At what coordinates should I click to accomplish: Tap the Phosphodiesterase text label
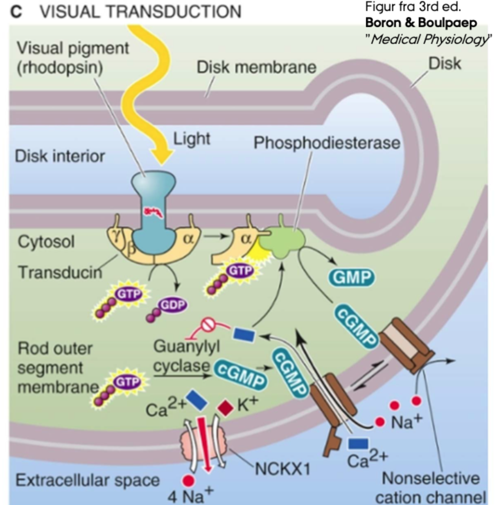[x=327, y=143]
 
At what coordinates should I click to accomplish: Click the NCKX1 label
[x=282, y=468]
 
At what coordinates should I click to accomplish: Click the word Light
[x=192, y=139]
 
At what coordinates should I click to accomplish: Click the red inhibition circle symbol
[x=209, y=326]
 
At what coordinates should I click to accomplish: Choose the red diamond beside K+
[x=225, y=408]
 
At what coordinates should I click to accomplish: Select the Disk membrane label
[x=256, y=67]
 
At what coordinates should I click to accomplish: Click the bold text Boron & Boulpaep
[x=421, y=23]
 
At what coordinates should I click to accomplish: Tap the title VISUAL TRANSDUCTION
[x=141, y=11]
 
